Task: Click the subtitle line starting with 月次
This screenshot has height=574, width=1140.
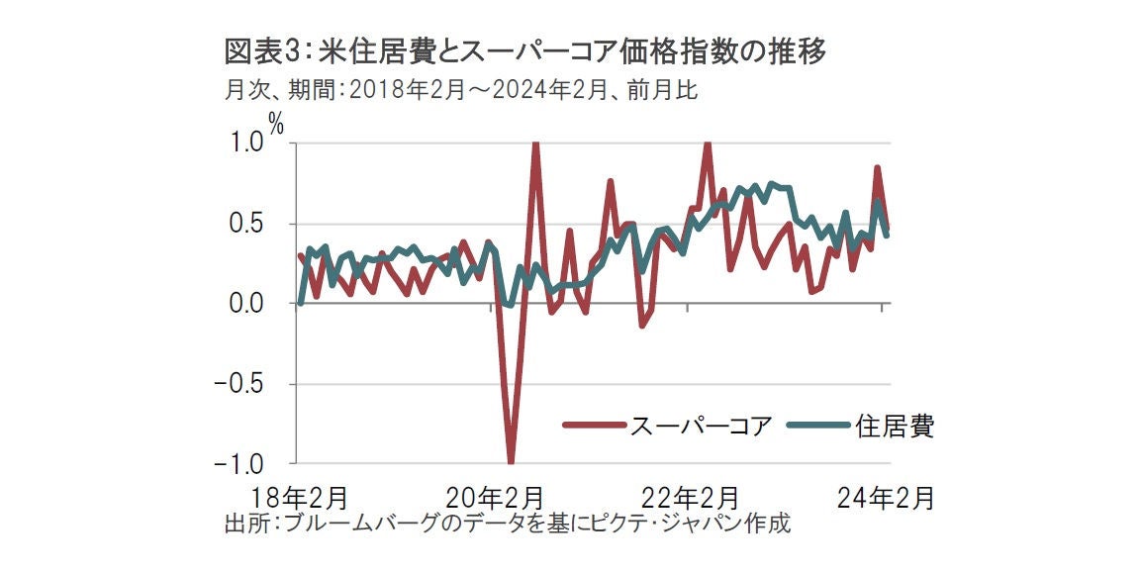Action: [461, 90]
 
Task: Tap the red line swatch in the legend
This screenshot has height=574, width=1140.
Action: [594, 426]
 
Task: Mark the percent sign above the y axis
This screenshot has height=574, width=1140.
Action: [276, 124]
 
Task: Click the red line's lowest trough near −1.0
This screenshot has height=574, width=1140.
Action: [512, 460]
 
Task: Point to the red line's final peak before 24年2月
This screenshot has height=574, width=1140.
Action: [877, 168]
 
